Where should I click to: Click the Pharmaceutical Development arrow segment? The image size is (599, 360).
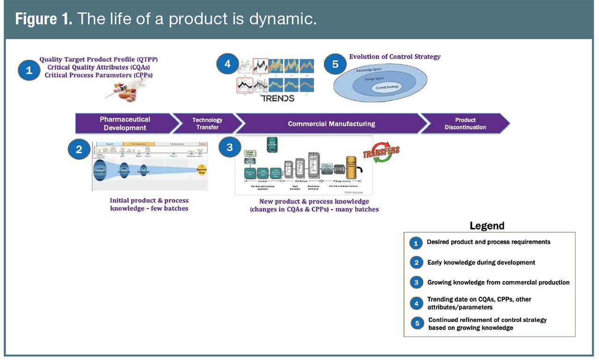click(124, 124)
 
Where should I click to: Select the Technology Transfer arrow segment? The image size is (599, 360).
click(207, 124)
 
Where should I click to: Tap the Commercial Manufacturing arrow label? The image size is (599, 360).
click(331, 124)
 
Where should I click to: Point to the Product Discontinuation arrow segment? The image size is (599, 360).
click(465, 124)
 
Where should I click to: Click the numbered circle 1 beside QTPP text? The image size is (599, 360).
click(29, 70)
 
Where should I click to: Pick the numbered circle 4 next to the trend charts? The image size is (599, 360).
click(227, 64)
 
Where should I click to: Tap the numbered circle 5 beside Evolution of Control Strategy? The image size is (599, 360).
click(335, 64)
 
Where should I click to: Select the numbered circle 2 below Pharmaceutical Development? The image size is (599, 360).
click(79, 149)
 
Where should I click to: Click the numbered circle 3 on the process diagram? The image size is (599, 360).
click(229, 147)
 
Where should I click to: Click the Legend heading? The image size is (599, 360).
click(487, 226)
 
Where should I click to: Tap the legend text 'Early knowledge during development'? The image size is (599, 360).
click(481, 263)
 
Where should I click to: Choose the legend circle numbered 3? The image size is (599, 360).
click(416, 282)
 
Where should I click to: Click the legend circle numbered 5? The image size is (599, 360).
click(416, 323)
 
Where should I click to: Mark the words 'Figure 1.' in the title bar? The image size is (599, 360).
click(43, 20)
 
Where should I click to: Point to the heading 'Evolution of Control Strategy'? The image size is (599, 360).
click(394, 57)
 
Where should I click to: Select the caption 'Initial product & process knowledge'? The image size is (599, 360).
click(149, 205)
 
